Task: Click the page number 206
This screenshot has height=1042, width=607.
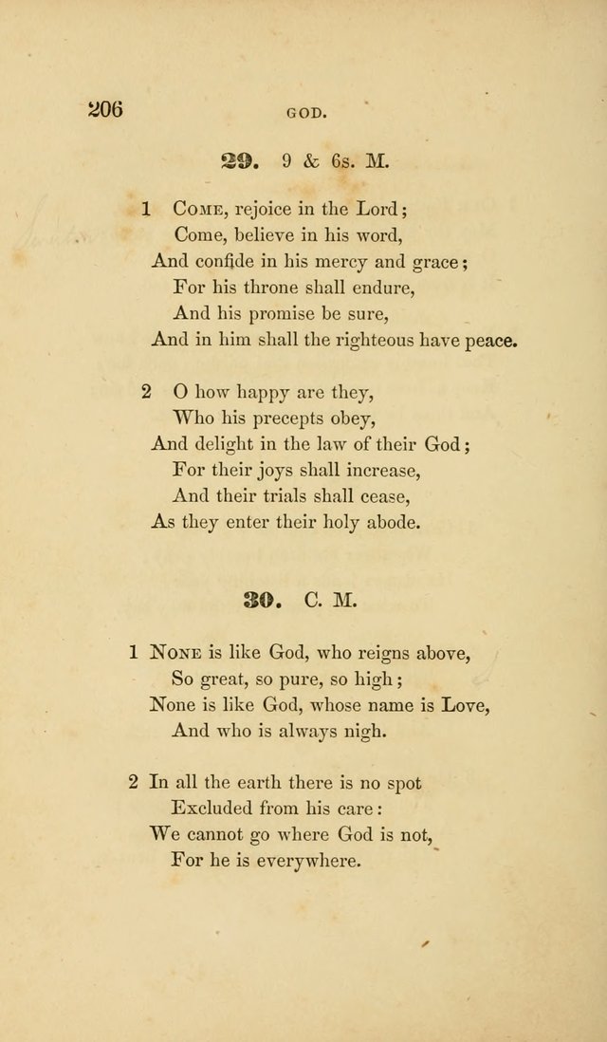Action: coord(105,108)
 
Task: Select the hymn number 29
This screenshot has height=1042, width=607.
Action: coord(240,161)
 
